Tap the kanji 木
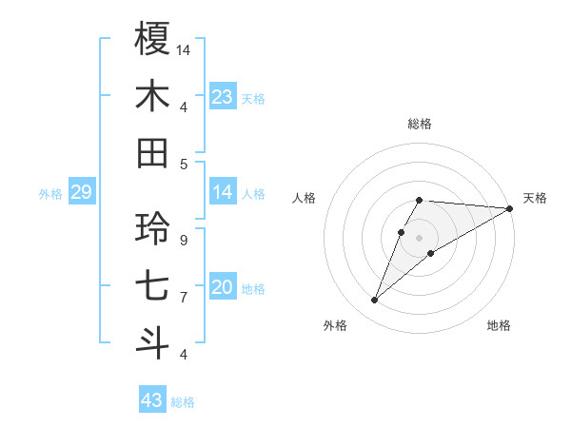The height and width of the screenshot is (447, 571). (x=153, y=96)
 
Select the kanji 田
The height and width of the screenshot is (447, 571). (x=153, y=153)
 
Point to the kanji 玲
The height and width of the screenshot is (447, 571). (x=153, y=228)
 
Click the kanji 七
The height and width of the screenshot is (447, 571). (x=153, y=286)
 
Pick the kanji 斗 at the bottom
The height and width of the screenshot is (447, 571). (x=153, y=343)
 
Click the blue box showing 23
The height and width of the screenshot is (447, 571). (x=223, y=96)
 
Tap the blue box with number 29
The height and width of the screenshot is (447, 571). (x=81, y=193)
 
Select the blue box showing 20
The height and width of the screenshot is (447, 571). (x=223, y=288)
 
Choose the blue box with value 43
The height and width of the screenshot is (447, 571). (x=152, y=400)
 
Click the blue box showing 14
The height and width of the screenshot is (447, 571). (x=223, y=193)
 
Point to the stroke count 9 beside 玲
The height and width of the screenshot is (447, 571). (x=183, y=240)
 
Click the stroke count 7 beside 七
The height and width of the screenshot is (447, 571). (x=183, y=298)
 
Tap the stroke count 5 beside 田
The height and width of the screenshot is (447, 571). (x=183, y=164)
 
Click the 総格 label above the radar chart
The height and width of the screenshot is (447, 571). (x=420, y=124)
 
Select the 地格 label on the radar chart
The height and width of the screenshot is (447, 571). (x=499, y=325)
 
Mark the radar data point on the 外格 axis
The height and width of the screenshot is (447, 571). (x=375, y=301)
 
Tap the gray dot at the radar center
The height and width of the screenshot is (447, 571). (x=420, y=238)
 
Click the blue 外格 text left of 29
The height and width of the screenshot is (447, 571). (x=50, y=194)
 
